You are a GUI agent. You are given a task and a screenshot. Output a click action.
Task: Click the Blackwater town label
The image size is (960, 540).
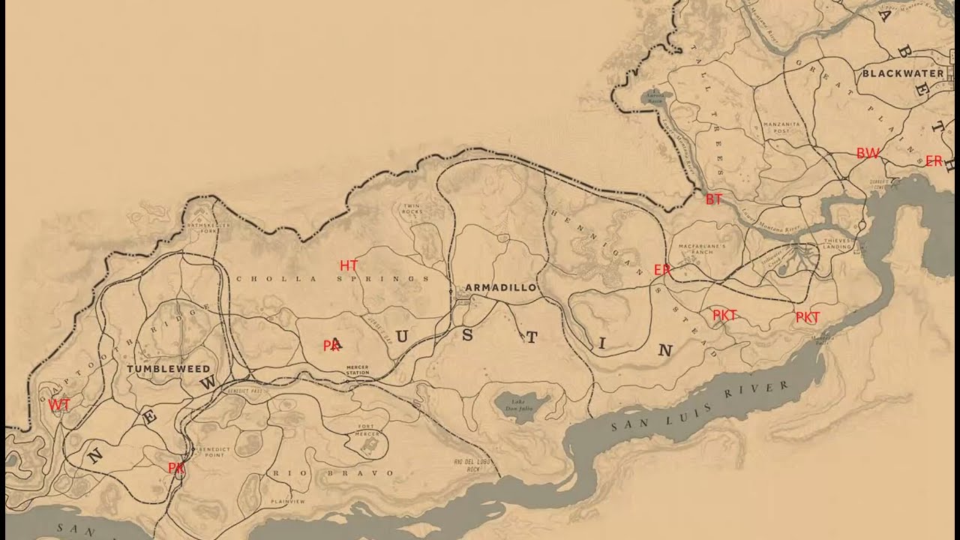click(902, 73)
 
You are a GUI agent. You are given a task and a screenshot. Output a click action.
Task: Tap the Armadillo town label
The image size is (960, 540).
click(500, 287)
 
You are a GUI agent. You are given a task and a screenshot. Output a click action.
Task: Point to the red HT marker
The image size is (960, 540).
click(349, 265)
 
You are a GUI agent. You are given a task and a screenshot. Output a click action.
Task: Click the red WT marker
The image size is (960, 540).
click(59, 405)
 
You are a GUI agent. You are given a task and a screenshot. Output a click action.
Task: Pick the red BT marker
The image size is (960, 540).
click(713, 199)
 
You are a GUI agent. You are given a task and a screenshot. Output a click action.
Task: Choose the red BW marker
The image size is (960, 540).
click(868, 154)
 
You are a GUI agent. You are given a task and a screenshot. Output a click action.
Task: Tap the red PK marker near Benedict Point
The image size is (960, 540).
click(176, 468)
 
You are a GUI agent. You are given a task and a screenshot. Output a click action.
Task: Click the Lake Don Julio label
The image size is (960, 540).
click(518, 406)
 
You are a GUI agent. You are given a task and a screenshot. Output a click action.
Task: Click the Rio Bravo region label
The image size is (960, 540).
click(333, 473)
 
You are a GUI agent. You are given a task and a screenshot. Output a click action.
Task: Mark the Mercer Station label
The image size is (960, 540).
click(358, 370)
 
